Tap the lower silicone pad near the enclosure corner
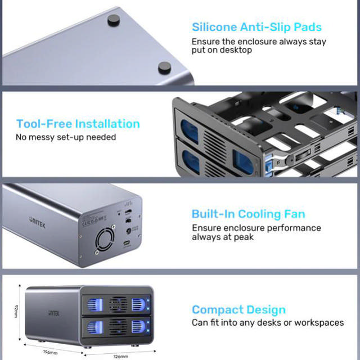(165, 66)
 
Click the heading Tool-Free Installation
(78, 124)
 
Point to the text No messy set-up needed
(66, 137)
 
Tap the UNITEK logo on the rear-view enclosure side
(38, 218)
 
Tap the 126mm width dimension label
(119, 355)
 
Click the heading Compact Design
(238, 309)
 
